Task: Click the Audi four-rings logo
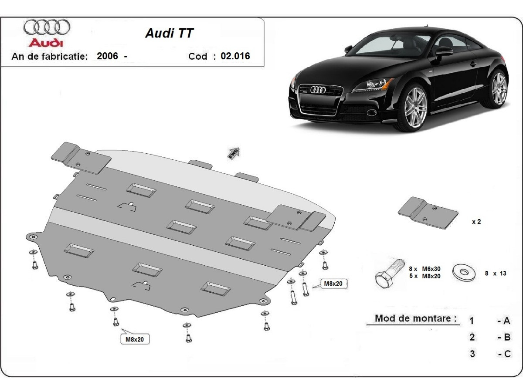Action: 47,27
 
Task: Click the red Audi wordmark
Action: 46,43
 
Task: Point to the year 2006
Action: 107,56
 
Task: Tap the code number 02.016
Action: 235,56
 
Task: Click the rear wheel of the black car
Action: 498,89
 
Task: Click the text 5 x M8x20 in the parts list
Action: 425,276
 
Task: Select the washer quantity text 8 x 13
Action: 495,274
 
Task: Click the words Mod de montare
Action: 412,318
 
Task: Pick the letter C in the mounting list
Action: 506,354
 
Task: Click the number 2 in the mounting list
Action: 472,337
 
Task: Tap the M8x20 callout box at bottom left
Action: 134,339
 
